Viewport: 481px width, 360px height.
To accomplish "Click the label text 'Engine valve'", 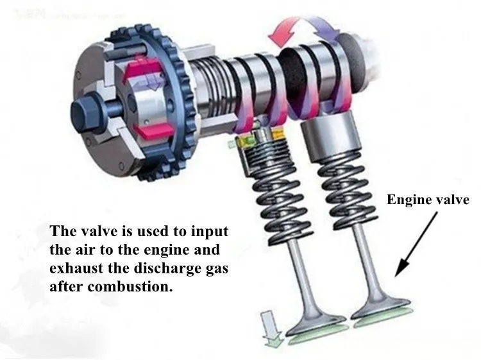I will (x=428, y=200).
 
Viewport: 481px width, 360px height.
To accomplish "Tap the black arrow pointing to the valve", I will (x=417, y=242).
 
